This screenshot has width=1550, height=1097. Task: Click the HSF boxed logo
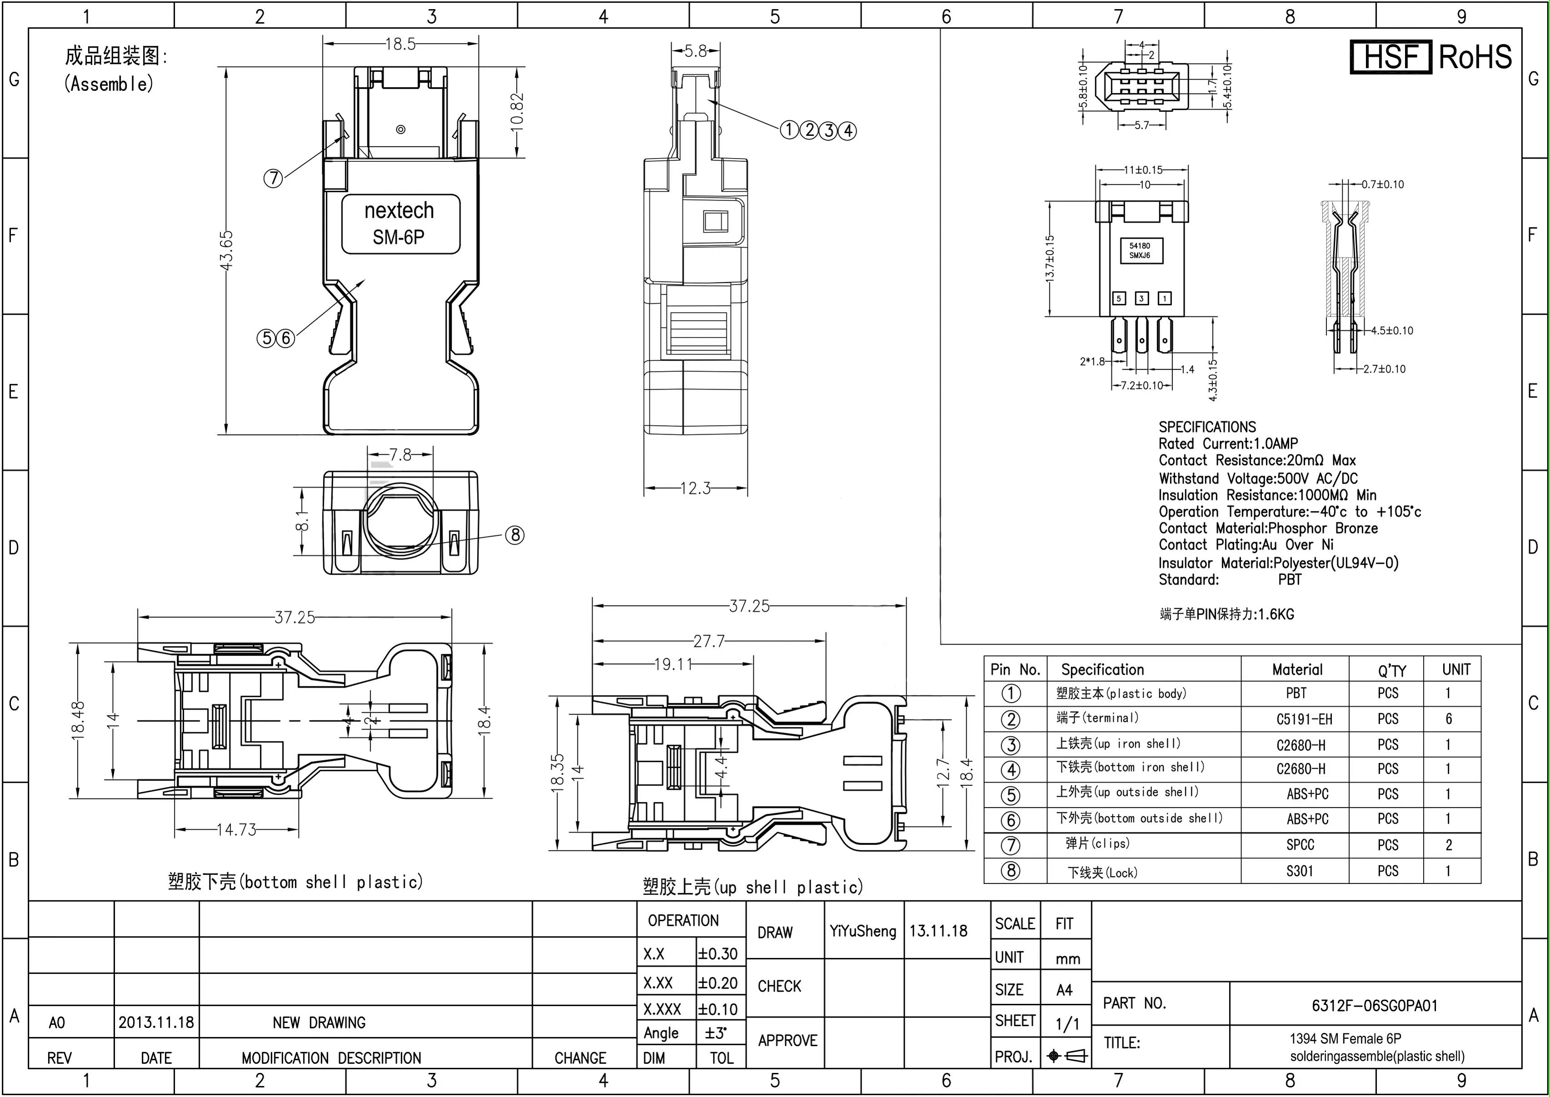point(1391,57)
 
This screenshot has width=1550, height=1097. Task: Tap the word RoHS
point(1475,57)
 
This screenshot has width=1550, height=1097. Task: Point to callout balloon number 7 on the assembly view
point(273,179)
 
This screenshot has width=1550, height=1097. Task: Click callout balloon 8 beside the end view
point(515,535)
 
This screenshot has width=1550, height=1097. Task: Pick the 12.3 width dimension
point(695,488)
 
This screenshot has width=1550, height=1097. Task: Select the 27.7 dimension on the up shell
point(708,640)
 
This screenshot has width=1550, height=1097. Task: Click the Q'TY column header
point(1392,670)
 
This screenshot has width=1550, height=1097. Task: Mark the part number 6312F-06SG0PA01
point(1374,1005)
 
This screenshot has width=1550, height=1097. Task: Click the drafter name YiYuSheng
point(863,931)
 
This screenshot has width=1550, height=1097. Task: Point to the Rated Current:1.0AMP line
point(1228,444)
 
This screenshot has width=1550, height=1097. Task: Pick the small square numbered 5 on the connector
point(1119,298)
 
